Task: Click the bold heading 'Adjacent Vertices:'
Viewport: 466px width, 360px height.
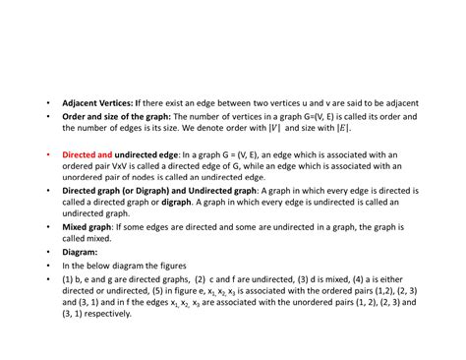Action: tap(98, 103)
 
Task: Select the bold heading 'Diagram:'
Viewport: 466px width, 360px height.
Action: tap(80, 251)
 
